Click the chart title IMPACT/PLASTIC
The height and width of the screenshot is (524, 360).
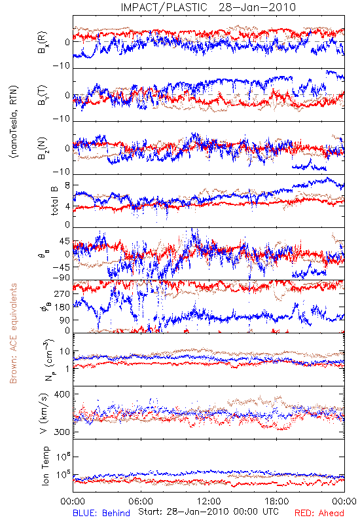164,7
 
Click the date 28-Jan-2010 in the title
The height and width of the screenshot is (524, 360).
257,7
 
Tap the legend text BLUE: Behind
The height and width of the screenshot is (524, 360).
101,513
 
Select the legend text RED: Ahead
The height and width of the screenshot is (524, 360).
319,513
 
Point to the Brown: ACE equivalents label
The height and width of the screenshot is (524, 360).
13,333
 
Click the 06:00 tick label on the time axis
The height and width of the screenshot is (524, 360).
141,501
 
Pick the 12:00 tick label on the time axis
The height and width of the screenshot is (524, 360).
209,501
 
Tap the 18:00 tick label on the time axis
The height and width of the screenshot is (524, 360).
277,501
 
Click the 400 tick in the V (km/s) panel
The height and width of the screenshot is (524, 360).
62,394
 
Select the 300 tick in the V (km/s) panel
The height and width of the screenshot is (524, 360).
62,432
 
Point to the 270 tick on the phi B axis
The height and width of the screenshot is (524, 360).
62,293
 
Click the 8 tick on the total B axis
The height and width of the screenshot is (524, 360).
67,185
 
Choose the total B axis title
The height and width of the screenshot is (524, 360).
54,201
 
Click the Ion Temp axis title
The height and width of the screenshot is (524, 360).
45,466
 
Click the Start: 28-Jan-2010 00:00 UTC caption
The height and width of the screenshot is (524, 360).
208,512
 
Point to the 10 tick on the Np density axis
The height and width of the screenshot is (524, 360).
65,352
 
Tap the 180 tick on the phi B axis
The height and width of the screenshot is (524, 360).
62,307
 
